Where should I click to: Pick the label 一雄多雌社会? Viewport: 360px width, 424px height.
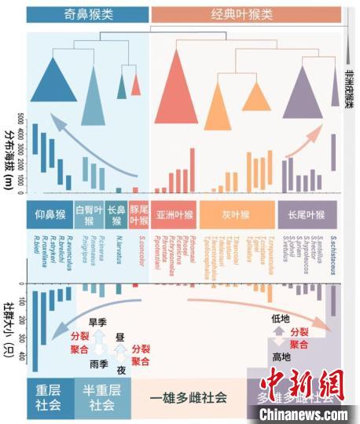189,398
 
